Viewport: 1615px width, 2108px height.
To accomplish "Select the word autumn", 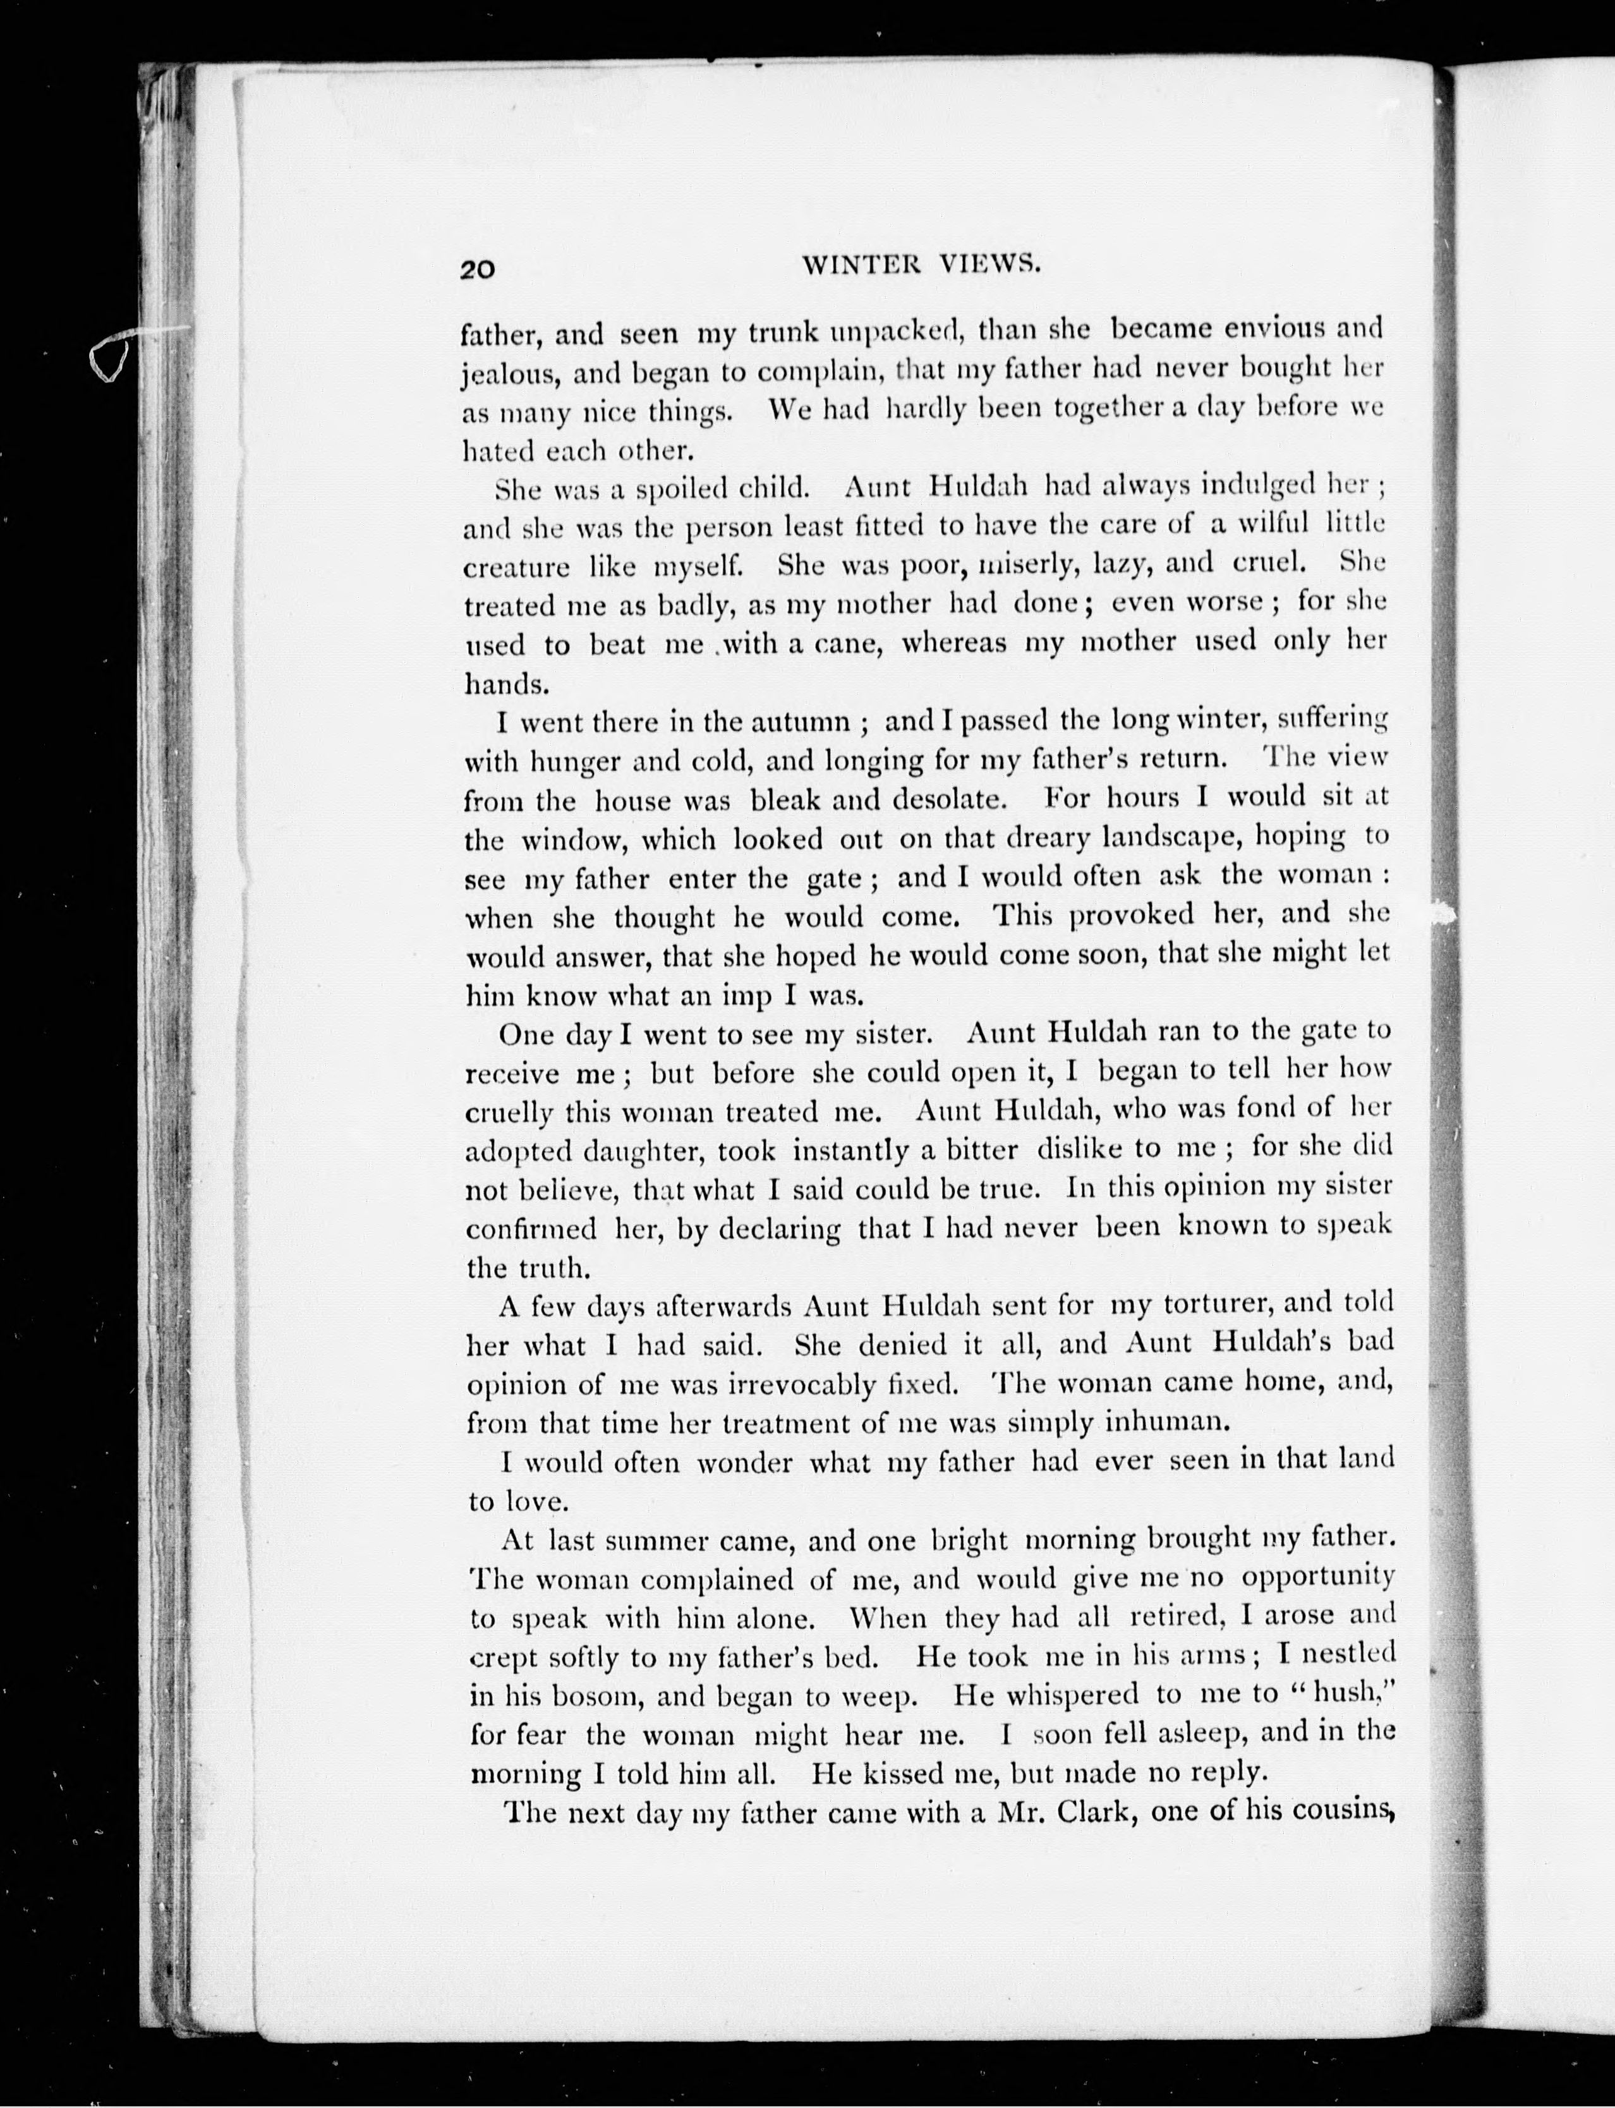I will [801, 721].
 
